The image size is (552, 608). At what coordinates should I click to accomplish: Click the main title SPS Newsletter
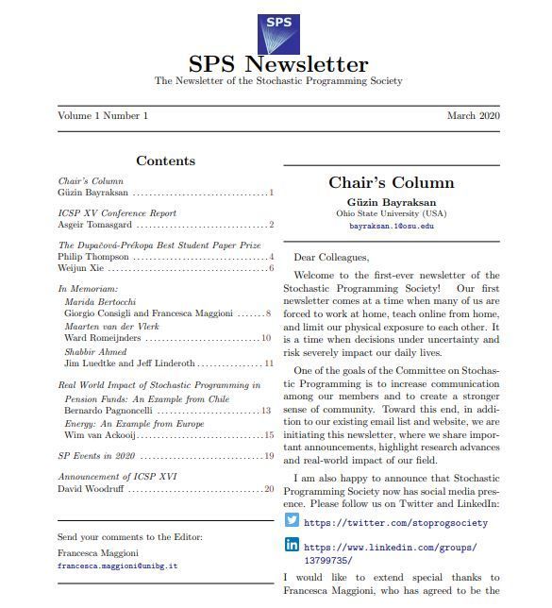click(277, 65)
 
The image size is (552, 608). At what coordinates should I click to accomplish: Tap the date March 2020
click(474, 115)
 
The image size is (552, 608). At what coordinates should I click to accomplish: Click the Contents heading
click(165, 161)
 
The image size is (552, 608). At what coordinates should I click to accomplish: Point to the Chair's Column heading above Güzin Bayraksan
click(391, 182)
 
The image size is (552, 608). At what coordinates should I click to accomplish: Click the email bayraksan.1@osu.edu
click(391, 227)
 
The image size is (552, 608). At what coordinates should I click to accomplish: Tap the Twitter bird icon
click(292, 520)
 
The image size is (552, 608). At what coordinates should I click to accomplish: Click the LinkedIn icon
click(292, 545)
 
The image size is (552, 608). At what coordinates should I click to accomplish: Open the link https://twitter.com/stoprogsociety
click(395, 522)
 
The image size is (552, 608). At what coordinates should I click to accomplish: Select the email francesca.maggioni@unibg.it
click(118, 566)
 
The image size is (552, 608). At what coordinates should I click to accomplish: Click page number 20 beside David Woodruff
click(269, 489)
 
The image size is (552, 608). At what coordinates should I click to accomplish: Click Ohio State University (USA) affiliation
click(391, 213)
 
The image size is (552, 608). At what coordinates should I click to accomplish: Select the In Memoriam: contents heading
click(88, 288)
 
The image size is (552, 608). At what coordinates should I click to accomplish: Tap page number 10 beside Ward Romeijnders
click(266, 337)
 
